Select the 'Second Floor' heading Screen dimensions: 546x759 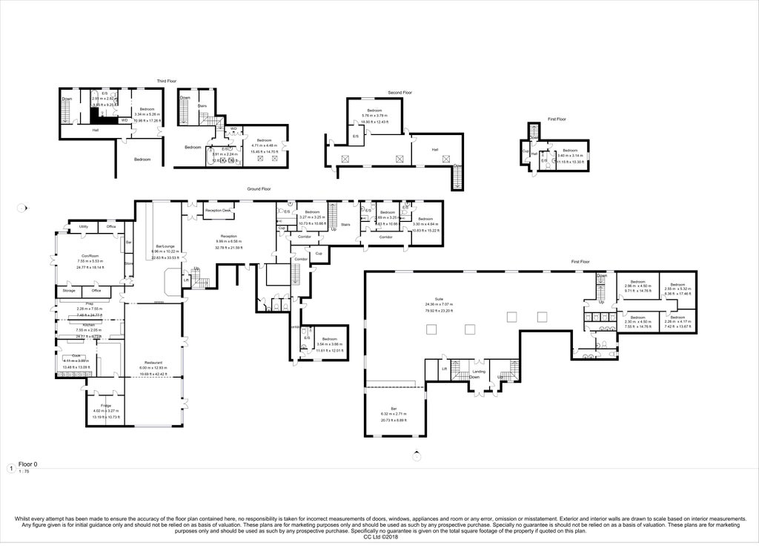(x=400, y=93)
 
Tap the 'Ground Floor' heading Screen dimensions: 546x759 (x=259, y=189)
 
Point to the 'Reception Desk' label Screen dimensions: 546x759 (x=219, y=211)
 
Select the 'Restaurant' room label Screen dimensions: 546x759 (x=153, y=363)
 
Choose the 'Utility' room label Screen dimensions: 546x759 (x=84, y=226)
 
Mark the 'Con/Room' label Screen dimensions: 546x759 (x=90, y=256)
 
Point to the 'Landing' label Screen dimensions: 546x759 (x=480, y=372)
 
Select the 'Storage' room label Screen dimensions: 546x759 (x=69, y=290)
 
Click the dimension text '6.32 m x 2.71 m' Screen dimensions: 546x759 (x=394, y=413)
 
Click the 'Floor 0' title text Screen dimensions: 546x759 (x=27, y=464)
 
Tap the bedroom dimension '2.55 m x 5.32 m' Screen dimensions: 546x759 (x=677, y=289)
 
